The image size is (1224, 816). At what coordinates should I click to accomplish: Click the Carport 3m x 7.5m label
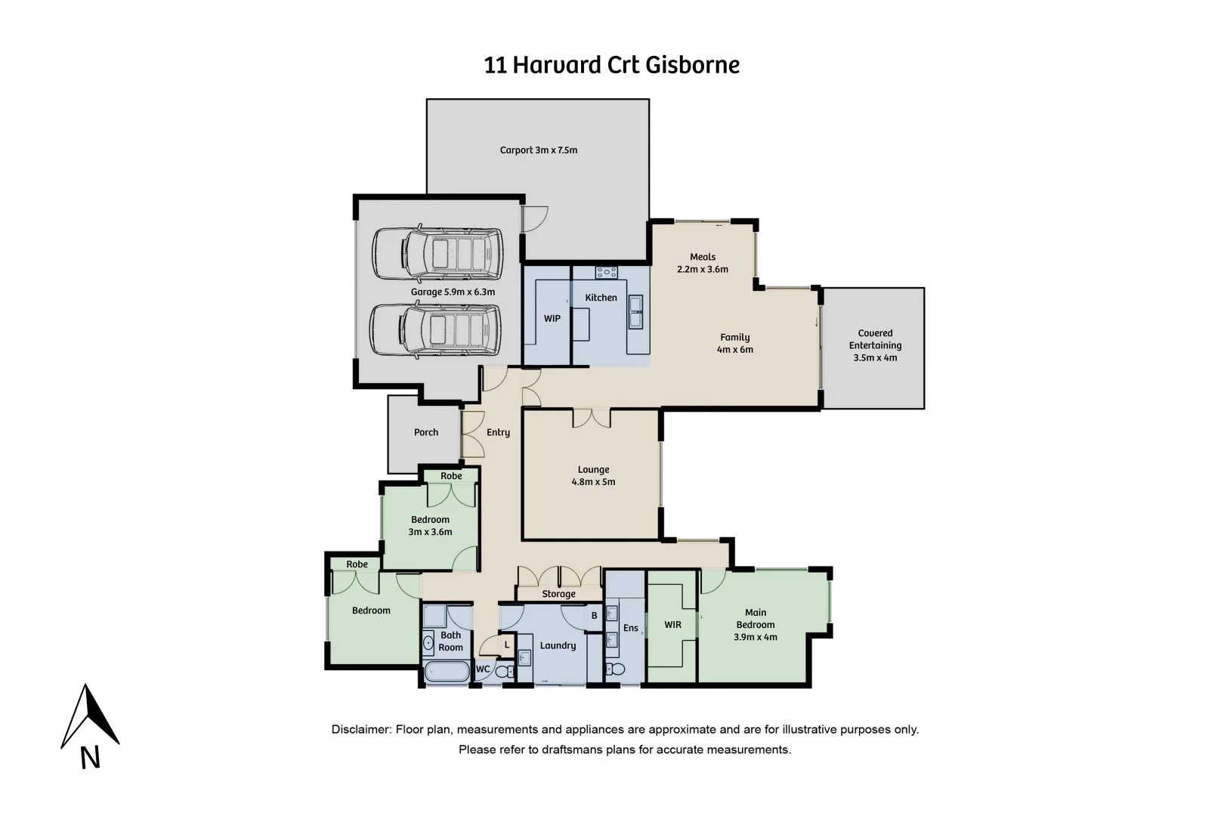pos(538,150)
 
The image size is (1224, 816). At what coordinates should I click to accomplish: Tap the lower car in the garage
pos(435,330)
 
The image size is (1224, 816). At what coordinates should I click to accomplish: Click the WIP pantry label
pos(552,319)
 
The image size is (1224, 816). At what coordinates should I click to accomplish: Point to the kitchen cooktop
pos(606,273)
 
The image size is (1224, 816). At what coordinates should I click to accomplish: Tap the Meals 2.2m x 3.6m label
pos(703,263)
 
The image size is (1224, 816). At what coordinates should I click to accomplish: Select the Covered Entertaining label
pos(875,345)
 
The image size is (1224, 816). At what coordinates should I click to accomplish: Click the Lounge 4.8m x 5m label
pos(593,475)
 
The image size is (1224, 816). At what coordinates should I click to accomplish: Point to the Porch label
pos(426,432)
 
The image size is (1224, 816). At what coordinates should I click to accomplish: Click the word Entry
pos(498,432)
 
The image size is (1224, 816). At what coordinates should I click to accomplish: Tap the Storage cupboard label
pos(558,594)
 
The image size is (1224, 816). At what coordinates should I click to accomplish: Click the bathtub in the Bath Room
pos(447,671)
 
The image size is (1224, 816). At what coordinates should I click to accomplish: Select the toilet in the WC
pos(502,671)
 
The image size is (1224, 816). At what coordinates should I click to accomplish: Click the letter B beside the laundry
pos(594,616)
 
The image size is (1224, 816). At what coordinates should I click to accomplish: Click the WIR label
pos(672,625)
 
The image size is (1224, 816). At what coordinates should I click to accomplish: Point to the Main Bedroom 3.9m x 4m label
pos(755,625)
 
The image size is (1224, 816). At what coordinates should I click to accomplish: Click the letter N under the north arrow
pos(90,758)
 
